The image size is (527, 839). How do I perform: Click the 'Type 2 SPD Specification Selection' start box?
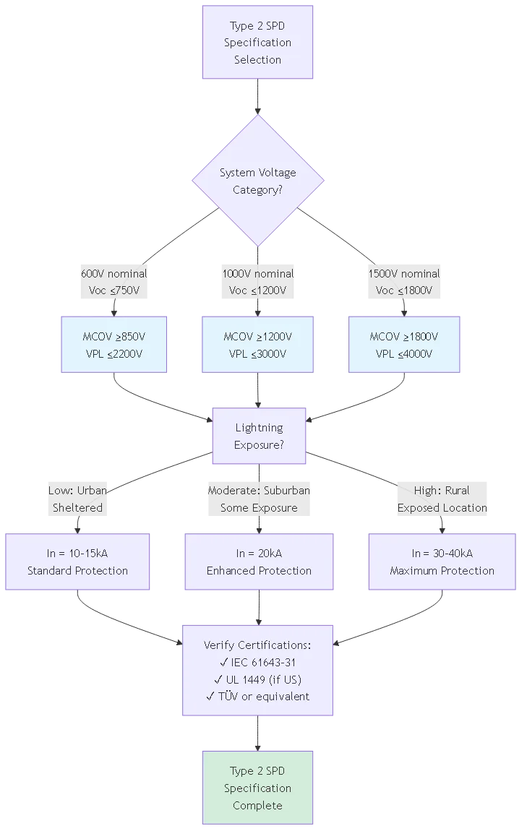point(257,43)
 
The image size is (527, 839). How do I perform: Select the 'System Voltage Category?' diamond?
point(257,181)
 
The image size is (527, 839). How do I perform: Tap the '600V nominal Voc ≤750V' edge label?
point(113,282)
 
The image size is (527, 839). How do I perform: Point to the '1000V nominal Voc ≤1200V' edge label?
point(257,282)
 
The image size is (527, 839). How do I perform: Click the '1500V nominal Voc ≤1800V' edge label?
point(404,282)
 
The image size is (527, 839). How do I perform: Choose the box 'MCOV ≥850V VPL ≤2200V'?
point(113,345)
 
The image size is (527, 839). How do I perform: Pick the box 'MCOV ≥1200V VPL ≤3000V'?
point(257,345)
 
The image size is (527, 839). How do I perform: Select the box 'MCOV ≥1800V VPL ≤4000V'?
point(404,345)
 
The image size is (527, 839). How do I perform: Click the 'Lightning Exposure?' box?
point(258,436)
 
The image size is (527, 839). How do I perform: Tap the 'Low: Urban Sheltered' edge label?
point(77,499)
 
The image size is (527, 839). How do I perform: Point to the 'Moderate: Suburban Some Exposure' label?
point(259,499)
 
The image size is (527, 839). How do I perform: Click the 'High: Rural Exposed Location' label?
point(442,499)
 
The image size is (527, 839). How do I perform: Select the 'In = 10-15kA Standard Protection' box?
point(77,562)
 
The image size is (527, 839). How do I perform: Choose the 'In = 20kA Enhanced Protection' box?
point(259,562)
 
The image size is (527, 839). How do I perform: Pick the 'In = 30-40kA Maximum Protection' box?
point(442,562)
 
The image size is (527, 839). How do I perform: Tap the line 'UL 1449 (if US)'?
point(257,679)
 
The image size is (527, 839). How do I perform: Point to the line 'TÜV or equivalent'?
point(257,697)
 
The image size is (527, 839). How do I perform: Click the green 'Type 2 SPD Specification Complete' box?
point(257,788)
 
